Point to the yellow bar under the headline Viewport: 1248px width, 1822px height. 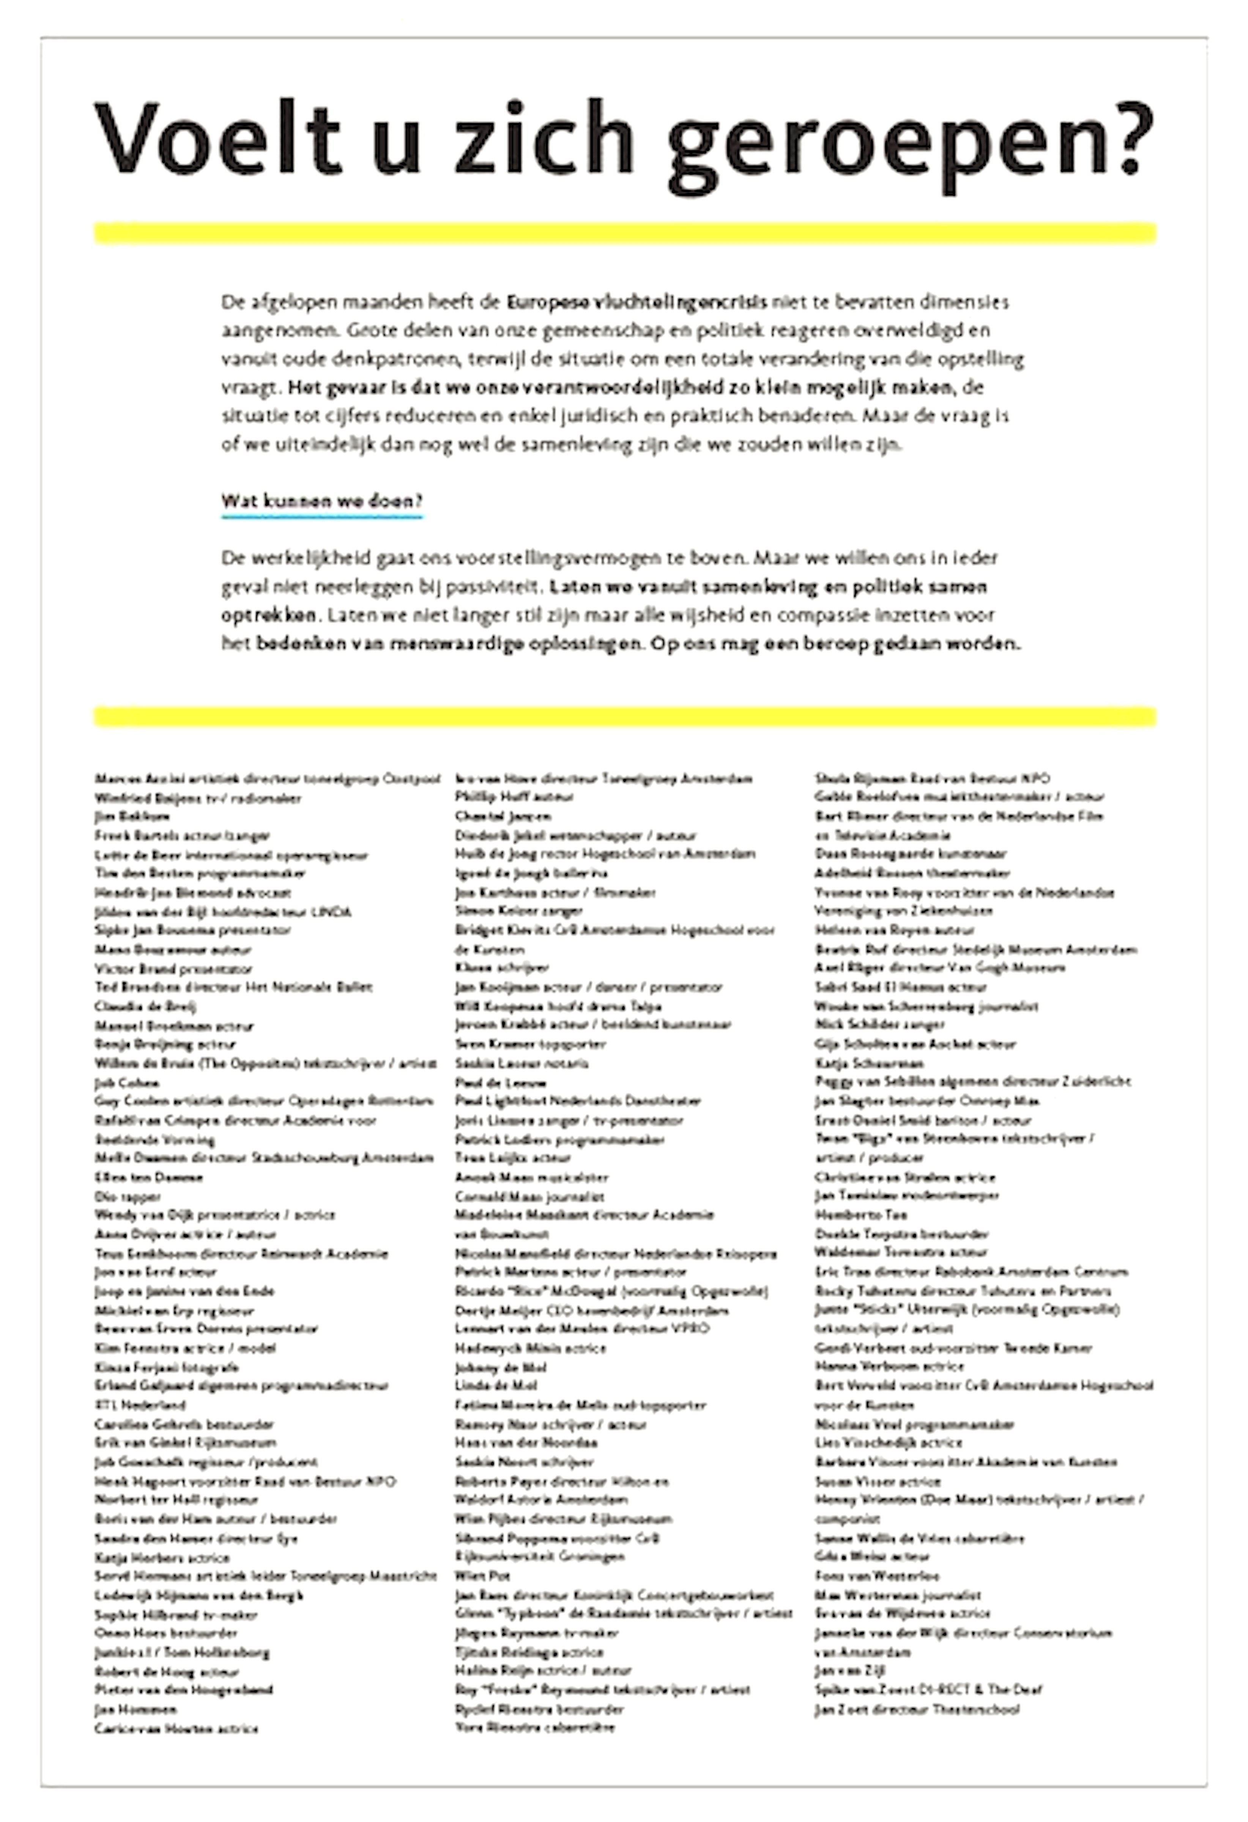(625, 233)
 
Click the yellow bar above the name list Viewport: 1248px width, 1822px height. (625, 716)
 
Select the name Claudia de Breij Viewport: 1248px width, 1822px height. (145, 1006)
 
